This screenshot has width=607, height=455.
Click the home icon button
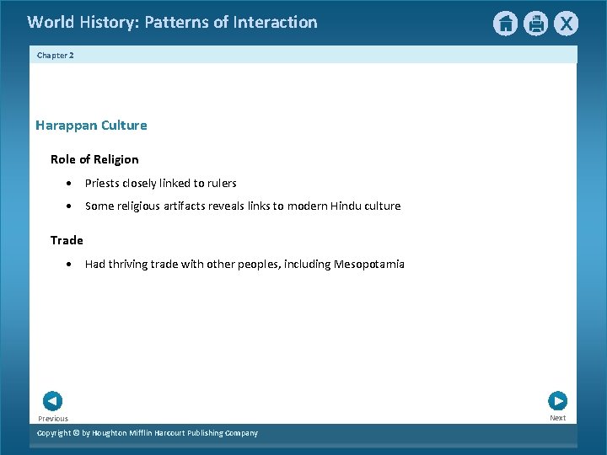click(505, 24)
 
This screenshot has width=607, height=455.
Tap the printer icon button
click(535, 24)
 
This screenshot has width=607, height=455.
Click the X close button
click(566, 24)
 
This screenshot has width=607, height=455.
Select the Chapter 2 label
click(56, 55)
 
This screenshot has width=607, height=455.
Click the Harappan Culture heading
click(91, 126)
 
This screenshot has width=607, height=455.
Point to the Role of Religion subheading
click(94, 159)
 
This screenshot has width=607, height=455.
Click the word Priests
click(102, 183)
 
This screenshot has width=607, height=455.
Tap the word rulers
click(221, 183)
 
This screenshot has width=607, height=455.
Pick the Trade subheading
click(67, 240)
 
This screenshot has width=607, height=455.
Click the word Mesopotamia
click(369, 264)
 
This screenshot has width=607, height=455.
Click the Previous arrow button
click(52, 401)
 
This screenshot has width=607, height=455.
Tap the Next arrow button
click(557, 401)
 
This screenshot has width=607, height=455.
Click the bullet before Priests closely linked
click(67, 184)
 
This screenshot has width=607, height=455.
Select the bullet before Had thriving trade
click(67, 265)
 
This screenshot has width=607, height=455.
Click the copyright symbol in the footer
click(74, 433)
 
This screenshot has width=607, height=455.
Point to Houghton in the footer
click(114, 433)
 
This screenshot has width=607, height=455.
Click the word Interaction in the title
click(277, 23)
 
